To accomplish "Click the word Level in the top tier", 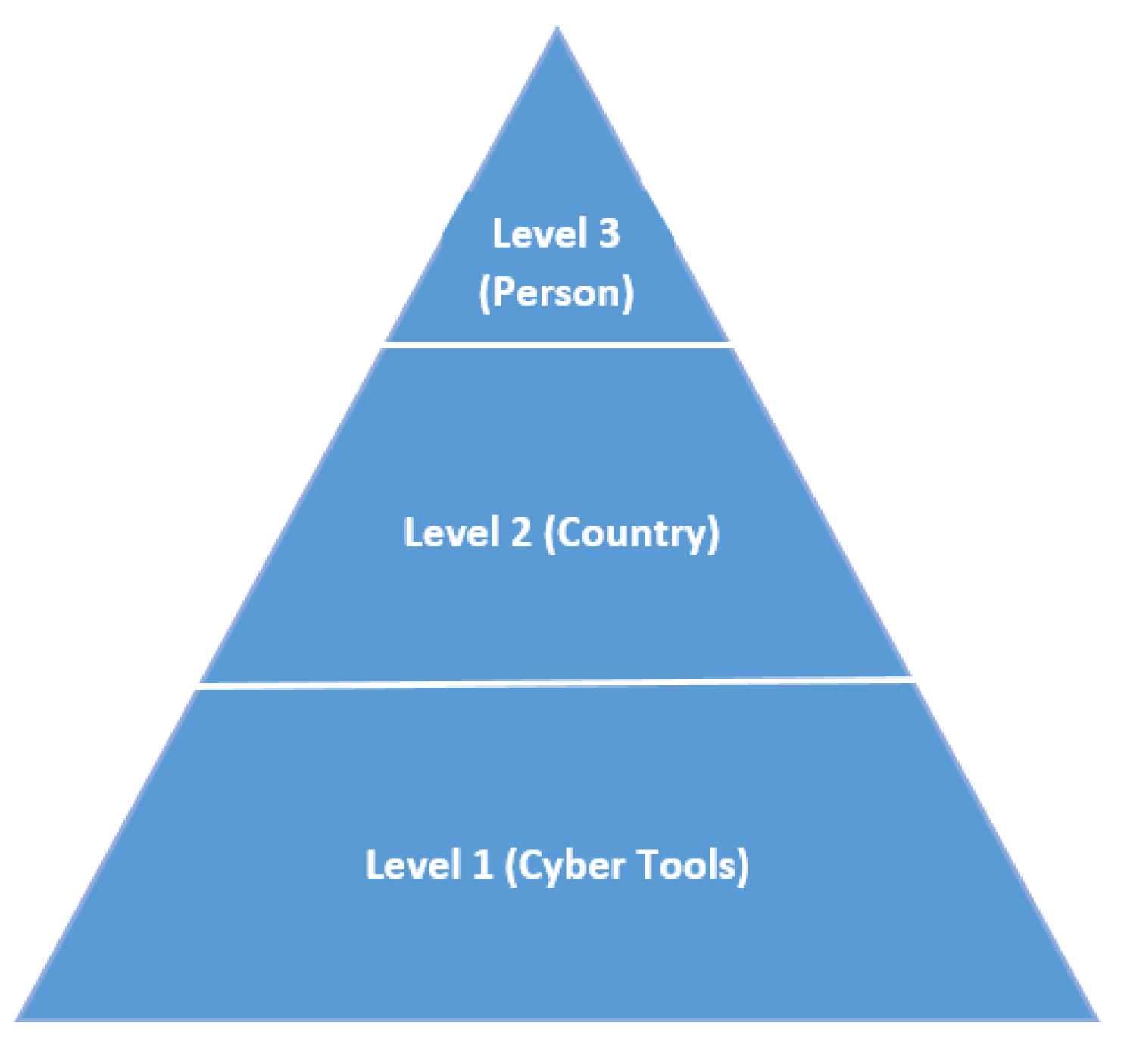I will pos(539,233).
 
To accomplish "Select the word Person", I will pos(557,292).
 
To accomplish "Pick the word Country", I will pos(632,533).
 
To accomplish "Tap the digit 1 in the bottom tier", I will pos(482,864).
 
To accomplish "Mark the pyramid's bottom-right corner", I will pos(1097,1019).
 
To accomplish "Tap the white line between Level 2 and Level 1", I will pos(557,683).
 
